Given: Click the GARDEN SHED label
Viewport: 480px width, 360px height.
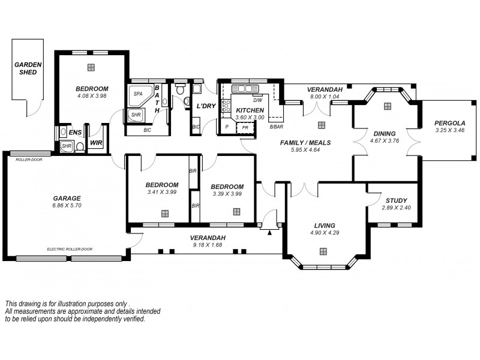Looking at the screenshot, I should pos(27,68).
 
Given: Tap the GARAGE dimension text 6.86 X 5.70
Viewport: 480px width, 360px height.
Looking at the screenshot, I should pos(67,205).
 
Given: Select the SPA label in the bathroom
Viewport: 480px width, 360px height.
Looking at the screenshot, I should pos(137,94).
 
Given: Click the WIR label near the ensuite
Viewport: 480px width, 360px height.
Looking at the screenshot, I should pos(95,143).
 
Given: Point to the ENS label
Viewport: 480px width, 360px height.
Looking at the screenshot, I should pos(75,132).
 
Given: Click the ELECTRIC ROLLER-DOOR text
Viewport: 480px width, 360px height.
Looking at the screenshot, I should pos(70,248).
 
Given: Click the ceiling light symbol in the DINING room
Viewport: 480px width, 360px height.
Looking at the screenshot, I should pos(387,106).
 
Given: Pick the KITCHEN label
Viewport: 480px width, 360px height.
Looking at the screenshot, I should pos(250,110).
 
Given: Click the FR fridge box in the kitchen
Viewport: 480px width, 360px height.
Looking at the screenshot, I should pos(245,127).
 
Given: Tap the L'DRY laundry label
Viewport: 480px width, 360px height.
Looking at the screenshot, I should pos(206,106).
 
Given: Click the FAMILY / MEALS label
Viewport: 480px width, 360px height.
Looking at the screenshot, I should pos(306,143).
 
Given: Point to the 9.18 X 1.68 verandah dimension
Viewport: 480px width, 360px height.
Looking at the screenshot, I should pos(208,244).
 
